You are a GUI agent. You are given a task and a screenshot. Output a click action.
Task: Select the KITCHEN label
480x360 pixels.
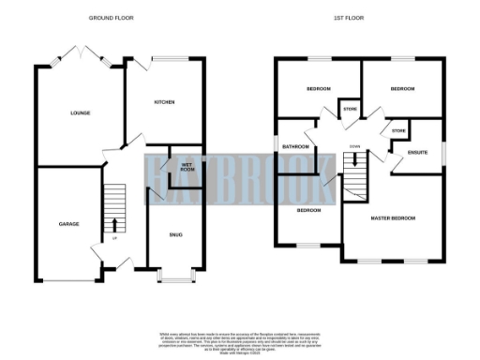pyautogui.click(x=165, y=101)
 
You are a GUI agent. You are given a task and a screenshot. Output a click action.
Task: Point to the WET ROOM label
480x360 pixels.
pyautogui.click(x=187, y=167)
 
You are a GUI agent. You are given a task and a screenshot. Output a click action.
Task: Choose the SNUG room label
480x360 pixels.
pyautogui.click(x=176, y=234)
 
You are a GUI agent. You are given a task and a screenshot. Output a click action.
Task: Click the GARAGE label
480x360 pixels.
pyautogui.click(x=68, y=224)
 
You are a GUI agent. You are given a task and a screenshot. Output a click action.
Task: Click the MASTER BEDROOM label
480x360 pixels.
pyautogui.click(x=394, y=218)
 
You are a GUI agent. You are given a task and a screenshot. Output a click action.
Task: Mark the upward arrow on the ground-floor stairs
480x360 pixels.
pyautogui.click(x=114, y=224)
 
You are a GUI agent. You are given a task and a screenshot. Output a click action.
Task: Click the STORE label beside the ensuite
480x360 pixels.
pyautogui.click(x=397, y=130)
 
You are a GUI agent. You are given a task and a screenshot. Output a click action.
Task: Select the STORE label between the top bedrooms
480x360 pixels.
pyautogui.click(x=350, y=110)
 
